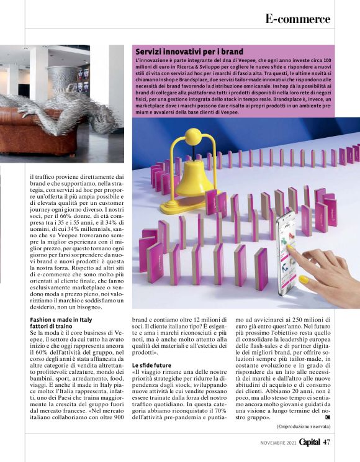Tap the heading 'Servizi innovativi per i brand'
(x=189, y=51)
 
